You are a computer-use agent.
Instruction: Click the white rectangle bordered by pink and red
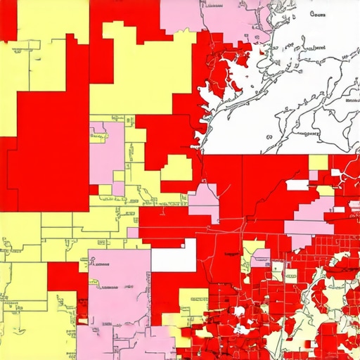coord(173,259)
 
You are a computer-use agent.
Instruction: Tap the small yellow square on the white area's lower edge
coord(318,162)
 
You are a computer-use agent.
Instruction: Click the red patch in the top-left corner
coord(8,18)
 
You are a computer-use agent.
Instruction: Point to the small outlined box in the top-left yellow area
coord(13,47)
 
